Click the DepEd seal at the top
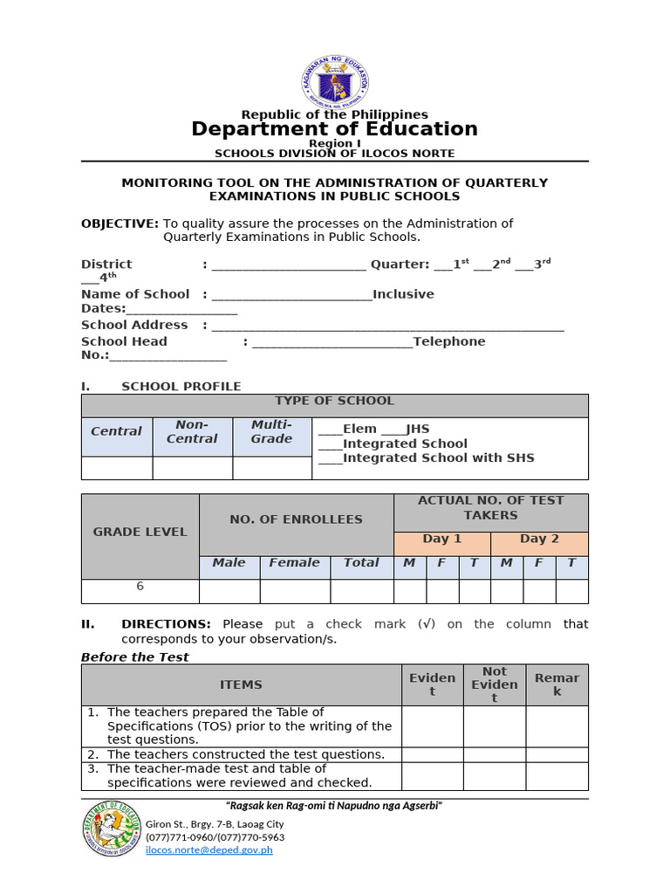point(334,79)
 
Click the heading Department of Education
point(334,129)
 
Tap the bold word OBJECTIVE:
point(120,223)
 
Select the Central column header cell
point(116,431)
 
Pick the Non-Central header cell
point(192,431)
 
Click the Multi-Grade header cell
point(271,431)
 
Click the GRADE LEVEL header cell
point(140,532)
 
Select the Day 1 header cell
point(441,539)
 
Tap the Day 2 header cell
point(539,539)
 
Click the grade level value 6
point(140,587)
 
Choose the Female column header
point(294,563)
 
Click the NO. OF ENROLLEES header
point(296,519)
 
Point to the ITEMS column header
point(241,684)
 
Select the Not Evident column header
point(494,684)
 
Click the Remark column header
point(557,684)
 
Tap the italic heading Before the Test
point(134,657)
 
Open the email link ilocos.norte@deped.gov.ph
point(209,849)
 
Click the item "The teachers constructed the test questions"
point(245,754)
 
